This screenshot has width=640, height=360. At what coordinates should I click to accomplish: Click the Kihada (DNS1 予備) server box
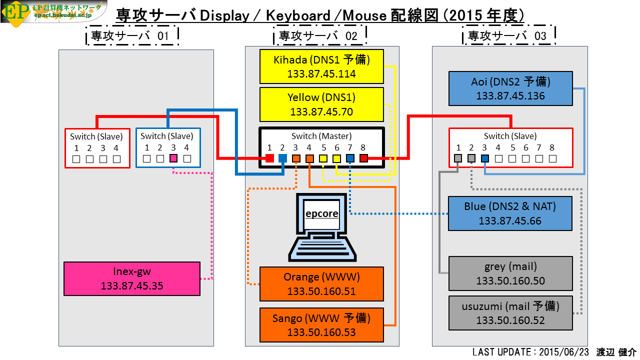pos(321,66)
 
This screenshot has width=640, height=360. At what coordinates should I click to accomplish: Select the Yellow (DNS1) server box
pos(321,104)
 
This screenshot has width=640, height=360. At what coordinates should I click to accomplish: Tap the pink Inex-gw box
pos(132,278)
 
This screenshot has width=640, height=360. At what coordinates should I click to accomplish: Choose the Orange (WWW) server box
pos(321,284)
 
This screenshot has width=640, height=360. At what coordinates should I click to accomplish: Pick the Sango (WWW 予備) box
pos(321,325)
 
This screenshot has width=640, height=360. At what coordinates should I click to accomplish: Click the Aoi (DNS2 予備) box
pos(510,88)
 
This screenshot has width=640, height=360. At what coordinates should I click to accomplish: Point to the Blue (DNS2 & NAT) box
pos(510,213)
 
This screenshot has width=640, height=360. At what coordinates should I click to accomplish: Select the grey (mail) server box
pos(510,273)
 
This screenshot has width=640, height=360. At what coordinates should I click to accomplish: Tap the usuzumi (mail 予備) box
pos(510,313)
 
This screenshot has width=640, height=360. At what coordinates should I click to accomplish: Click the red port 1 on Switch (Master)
pos(269,158)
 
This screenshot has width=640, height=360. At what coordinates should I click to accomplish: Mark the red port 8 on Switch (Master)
pos(363,158)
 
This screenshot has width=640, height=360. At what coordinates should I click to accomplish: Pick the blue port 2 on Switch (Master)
pos(282,158)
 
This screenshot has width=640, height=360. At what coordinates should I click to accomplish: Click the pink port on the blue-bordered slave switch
pos(173,158)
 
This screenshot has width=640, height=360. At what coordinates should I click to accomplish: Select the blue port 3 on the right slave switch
pos(485,158)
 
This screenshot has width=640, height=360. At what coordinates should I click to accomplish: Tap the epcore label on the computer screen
pos(321,213)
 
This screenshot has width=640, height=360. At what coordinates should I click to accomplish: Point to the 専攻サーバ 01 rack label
pos(130,36)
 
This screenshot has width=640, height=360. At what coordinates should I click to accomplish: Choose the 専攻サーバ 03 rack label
pos(507,36)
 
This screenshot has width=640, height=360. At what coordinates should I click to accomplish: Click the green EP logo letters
pos(15,12)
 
